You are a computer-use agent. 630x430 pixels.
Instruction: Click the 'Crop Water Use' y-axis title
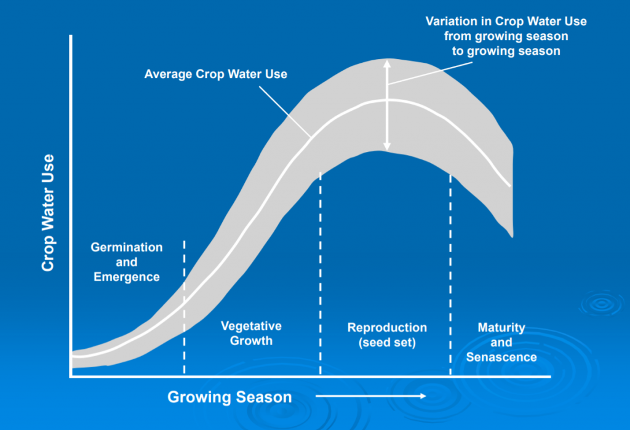coord(48,213)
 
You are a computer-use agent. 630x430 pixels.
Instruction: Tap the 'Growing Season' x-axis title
coord(229,397)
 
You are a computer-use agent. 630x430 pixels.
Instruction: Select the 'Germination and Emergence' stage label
coord(127,262)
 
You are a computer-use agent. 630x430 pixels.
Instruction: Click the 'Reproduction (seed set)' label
coord(387,335)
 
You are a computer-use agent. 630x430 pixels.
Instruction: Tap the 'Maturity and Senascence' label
coord(501,342)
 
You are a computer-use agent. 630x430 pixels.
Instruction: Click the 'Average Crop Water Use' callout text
coord(216,74)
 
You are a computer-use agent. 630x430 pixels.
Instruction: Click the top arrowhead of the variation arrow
coord(386,63)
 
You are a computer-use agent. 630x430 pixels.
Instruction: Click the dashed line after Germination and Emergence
coord(185,308)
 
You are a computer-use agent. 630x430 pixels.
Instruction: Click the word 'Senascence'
coord(501,357)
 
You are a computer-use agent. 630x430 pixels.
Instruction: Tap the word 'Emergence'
coord(127,277)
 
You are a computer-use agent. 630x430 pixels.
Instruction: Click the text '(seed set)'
coord(387,343)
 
